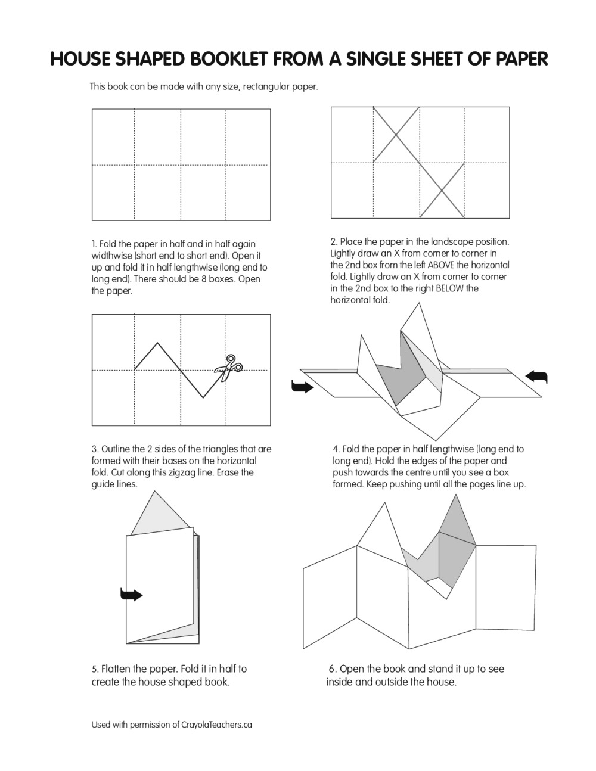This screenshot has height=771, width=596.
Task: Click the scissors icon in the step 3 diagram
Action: tap(228, 368)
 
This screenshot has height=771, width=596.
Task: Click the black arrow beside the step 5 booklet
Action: tap(131, 594)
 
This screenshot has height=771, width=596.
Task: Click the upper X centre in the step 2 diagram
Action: tap(396, 134)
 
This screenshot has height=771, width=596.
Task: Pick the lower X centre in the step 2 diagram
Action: tap(442, 191)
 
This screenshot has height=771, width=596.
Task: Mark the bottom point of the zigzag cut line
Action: tap(203, 397)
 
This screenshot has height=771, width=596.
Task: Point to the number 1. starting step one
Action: tap(94, 244)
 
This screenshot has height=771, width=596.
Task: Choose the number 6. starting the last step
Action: tap(333, 669)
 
